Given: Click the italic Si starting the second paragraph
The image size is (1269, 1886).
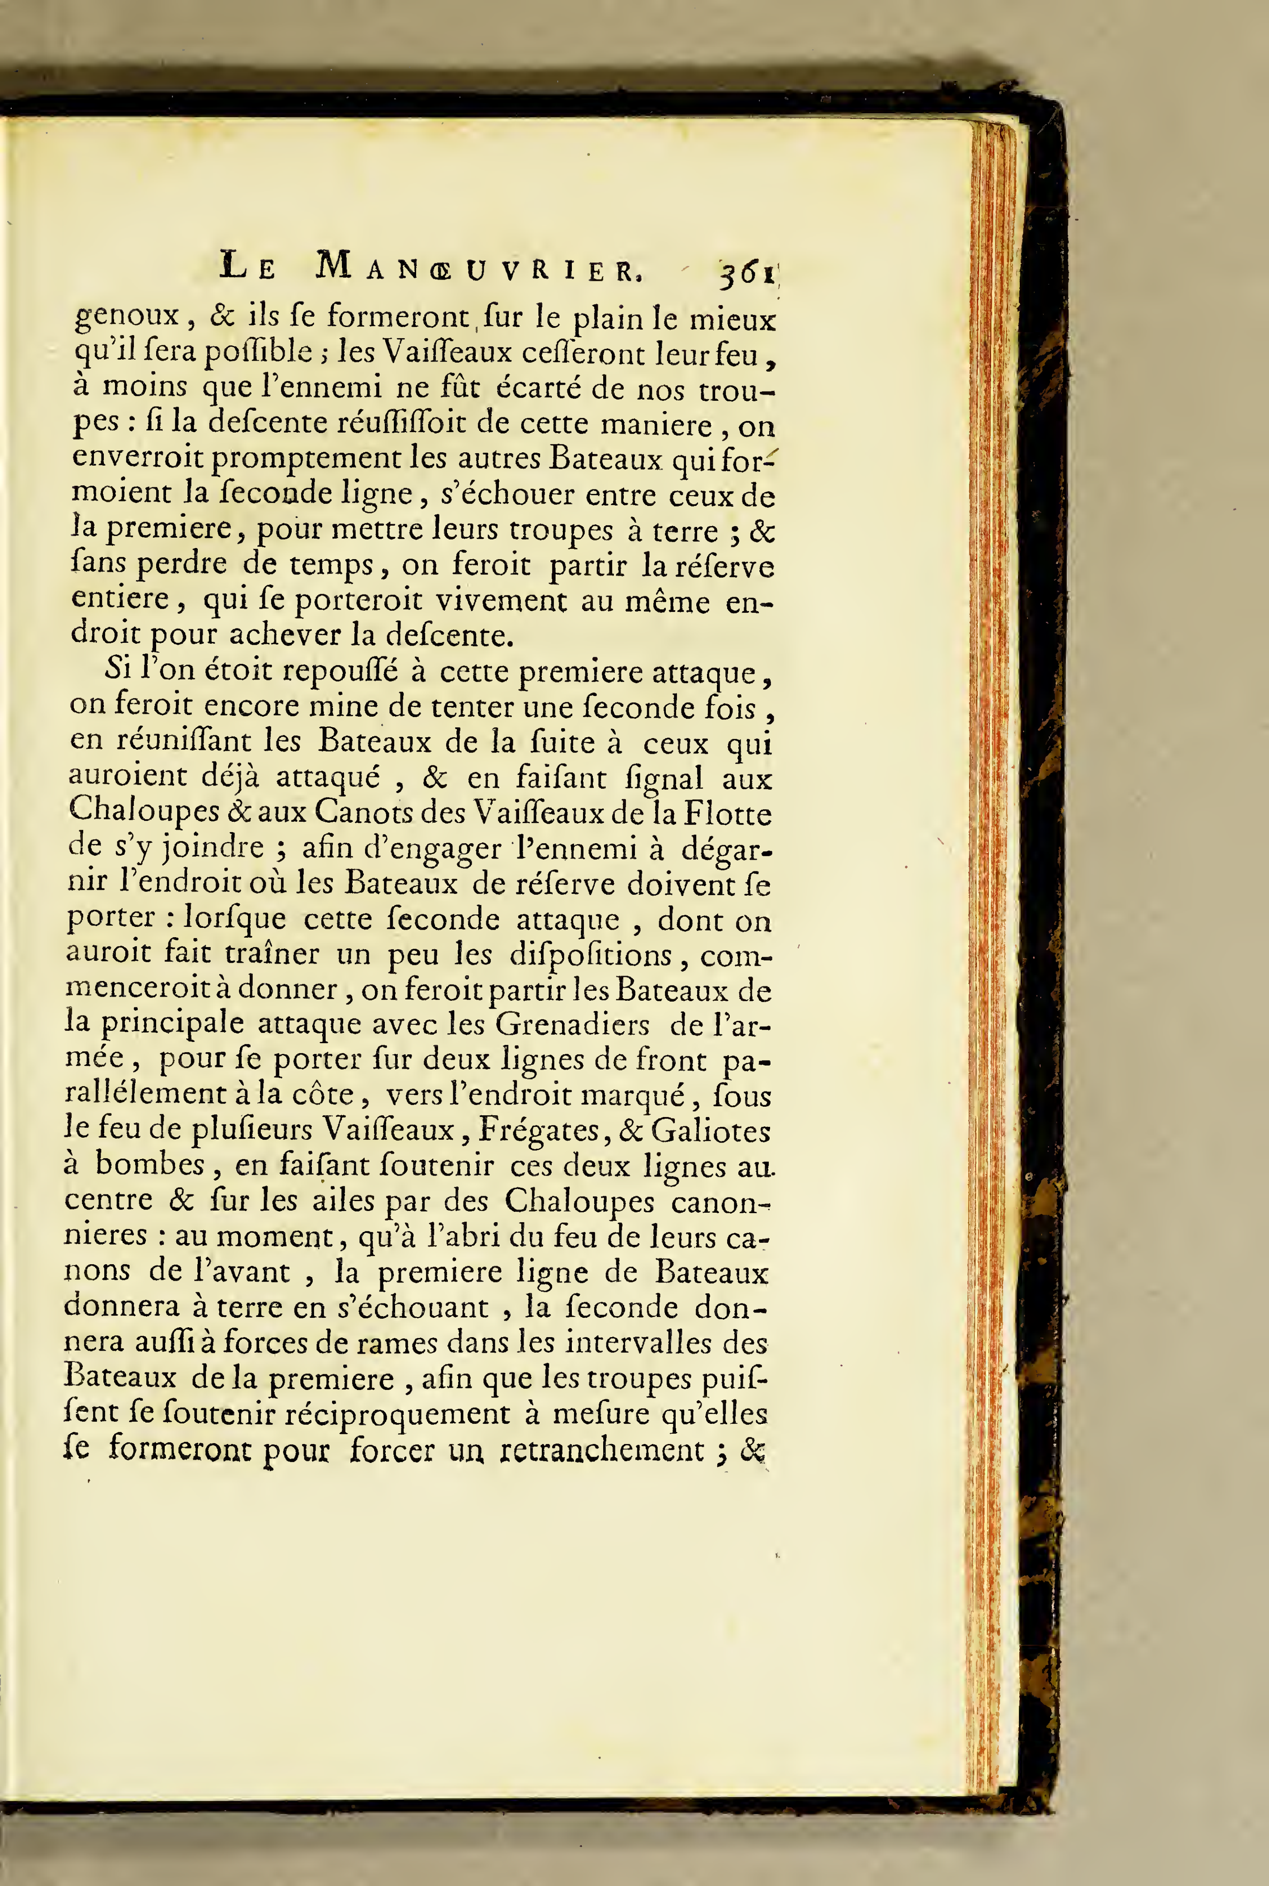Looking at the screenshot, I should click(118, 670).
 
